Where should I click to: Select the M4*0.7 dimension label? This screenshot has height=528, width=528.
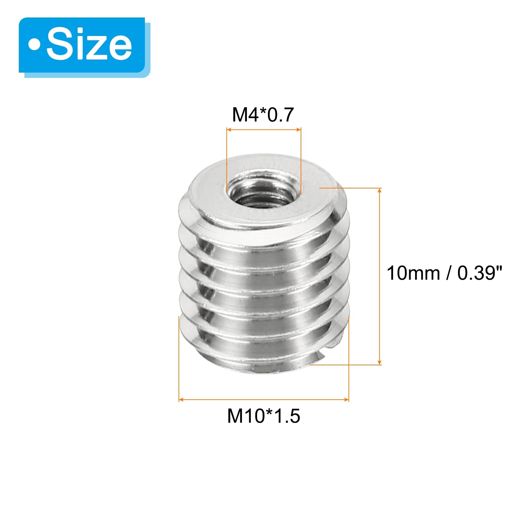(263, 115)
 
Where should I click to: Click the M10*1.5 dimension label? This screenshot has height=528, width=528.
(264, 416)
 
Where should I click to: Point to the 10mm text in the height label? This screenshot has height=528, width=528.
(413, 273)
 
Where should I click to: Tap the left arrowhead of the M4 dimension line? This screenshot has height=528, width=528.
(229, 130)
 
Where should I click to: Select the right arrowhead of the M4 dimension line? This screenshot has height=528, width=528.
(299, 130)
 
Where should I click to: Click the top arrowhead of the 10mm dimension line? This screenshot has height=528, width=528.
(380, 190)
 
